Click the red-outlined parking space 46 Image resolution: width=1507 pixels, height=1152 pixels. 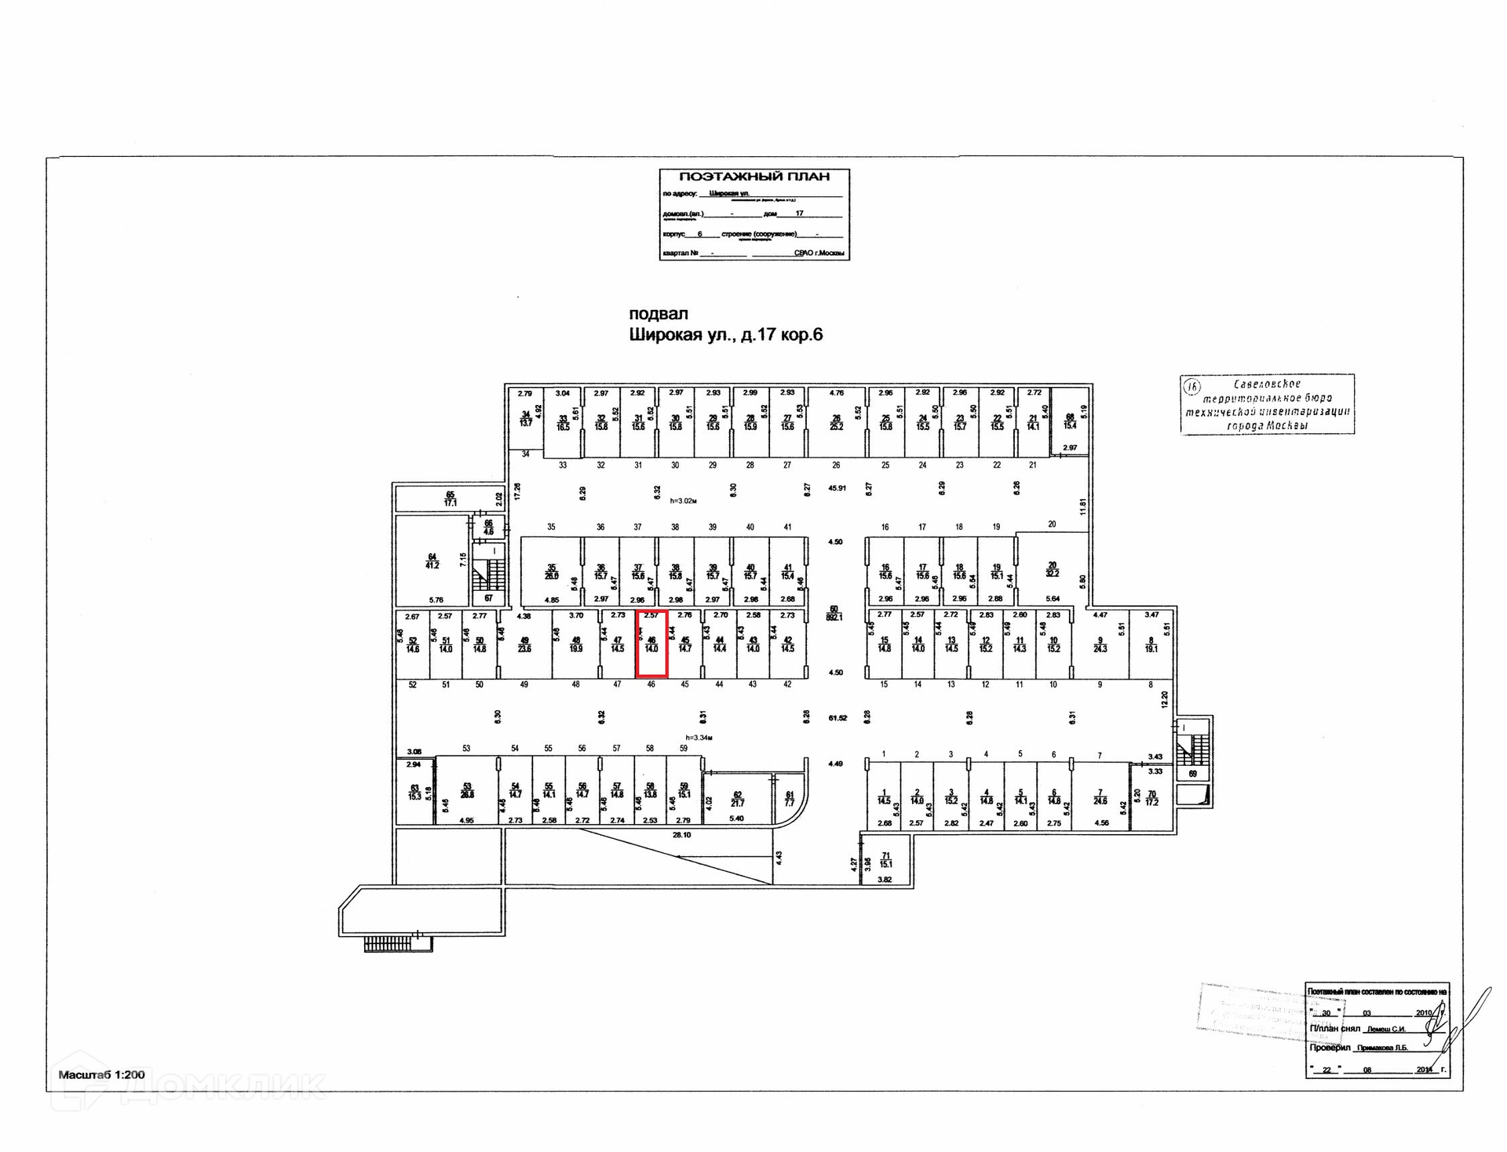click(x=651, y=644)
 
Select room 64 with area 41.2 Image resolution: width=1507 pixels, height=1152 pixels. click(x=432, y=560)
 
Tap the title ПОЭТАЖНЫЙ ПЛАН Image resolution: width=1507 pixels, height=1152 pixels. click(x=753, y=177)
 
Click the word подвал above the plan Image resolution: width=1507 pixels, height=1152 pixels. click(x=658, y=314)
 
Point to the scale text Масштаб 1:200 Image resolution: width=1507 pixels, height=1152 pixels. click(x=101, y=1074)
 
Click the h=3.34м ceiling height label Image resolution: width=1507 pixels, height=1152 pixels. click(x=699, y=738)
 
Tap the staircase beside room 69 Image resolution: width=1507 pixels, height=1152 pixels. click(x=1193, y=746)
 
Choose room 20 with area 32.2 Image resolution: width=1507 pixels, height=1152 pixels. click(x=1053, y=569)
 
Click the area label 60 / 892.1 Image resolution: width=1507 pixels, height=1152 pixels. click(x=834, y=613)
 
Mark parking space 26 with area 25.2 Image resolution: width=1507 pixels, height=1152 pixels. click(x=836, y=422)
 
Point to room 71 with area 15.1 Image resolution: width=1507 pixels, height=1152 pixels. click(x=886, y=860)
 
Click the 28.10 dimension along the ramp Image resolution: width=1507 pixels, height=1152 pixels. click(x=681, y=835)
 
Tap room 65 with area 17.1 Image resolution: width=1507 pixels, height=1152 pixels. click(x=450, y=498)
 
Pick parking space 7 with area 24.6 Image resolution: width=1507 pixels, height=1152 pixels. click(x=1100, y=797)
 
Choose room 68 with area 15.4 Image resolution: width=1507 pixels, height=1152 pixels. click(x=1069, y=421)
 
